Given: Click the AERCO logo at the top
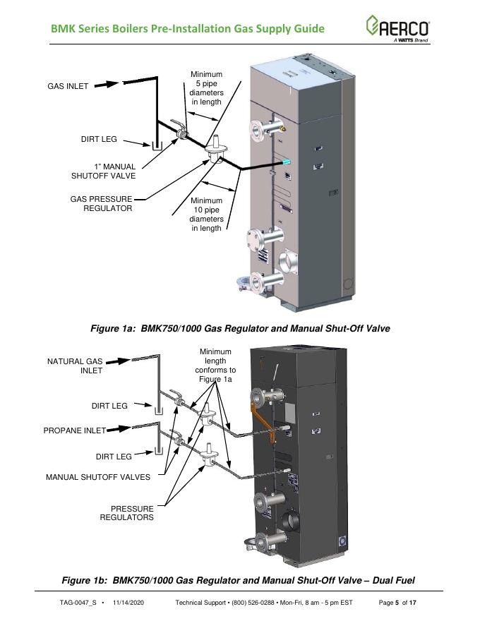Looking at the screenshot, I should [397, 29].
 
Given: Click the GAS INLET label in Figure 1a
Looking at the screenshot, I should [68, 87].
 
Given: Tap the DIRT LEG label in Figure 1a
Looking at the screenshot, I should [99, 140].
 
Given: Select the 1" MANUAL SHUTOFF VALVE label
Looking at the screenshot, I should [103, 171].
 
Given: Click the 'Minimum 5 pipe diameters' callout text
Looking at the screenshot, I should [206, 88].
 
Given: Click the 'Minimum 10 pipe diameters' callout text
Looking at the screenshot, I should [206, 214].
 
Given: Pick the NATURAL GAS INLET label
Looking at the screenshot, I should [75, 366].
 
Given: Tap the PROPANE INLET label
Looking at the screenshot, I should [75, 430].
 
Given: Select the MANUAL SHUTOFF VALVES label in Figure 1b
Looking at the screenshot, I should [98, 477].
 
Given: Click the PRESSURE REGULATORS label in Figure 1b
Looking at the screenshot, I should [126, 513].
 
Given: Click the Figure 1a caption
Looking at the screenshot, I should [240, 329].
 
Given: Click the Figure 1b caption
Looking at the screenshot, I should [239, 580].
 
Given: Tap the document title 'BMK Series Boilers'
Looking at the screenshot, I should [188, 29].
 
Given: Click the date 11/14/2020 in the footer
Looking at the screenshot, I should [129, 603].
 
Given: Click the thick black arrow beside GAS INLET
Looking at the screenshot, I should [106, 84].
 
